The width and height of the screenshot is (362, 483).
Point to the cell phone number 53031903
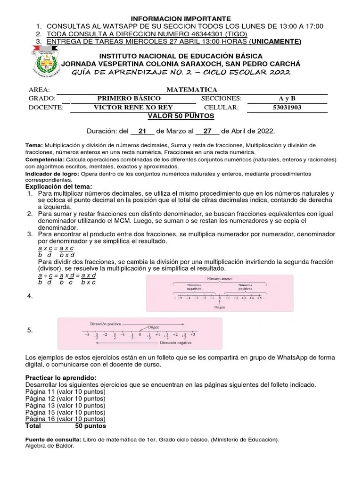(x=287, y=107)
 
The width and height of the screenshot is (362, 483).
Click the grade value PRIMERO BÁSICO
(x=129, y=98)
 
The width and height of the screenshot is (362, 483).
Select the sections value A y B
(x=287, y=98)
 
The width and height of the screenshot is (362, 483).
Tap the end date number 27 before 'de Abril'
(x=207, y=131)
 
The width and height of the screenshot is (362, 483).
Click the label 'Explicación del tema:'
(x=58, y=187)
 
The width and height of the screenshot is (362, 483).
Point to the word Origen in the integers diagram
(x=220, y=307)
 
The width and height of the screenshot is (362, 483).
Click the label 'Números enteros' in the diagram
(x=219, y=279)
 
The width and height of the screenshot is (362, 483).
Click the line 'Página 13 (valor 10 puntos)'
(x=65, y=405)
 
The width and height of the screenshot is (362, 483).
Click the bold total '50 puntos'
(x=90, y=425)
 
